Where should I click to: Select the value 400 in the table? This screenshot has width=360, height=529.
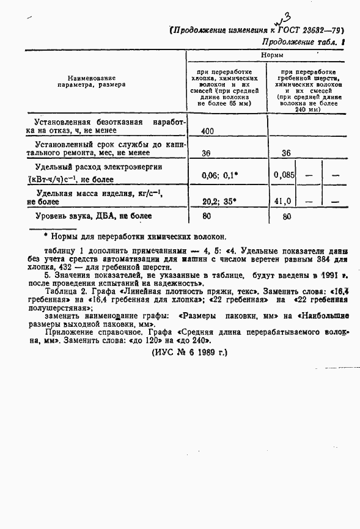(x=207, y=131)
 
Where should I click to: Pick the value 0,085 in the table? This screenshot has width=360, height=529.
(x=284, y=175)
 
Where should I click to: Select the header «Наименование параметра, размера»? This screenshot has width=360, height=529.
(x=92, y=81)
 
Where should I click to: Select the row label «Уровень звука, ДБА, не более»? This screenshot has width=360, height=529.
(x=94, y=216)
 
